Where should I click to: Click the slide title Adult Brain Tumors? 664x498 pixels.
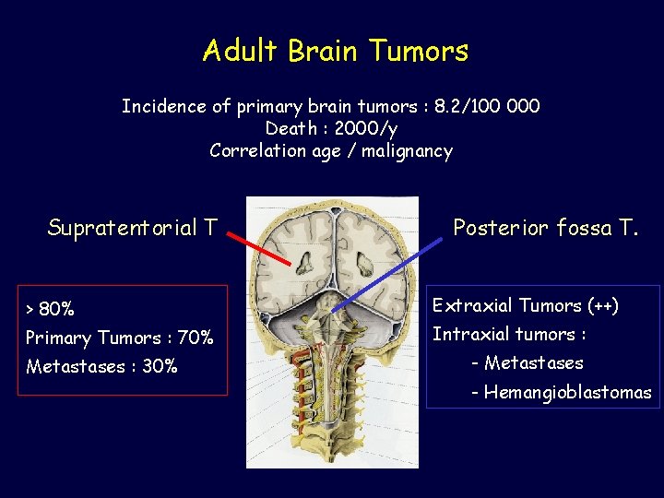(335, 50)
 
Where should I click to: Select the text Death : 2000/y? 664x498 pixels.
(330, 128)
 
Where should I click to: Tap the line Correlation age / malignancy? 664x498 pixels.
(330, 150)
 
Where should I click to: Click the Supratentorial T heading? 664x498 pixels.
(133, 227)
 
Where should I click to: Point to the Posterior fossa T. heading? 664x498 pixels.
(545, 228)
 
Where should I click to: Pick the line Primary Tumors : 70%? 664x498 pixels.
(119, 338)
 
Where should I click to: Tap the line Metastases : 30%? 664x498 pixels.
(101, 366)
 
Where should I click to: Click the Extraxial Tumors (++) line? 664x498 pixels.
(526, 305)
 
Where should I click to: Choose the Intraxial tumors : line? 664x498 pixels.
(509, 334)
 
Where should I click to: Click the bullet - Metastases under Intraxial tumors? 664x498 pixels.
(527, 362)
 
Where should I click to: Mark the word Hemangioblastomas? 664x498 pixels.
(567, 393)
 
